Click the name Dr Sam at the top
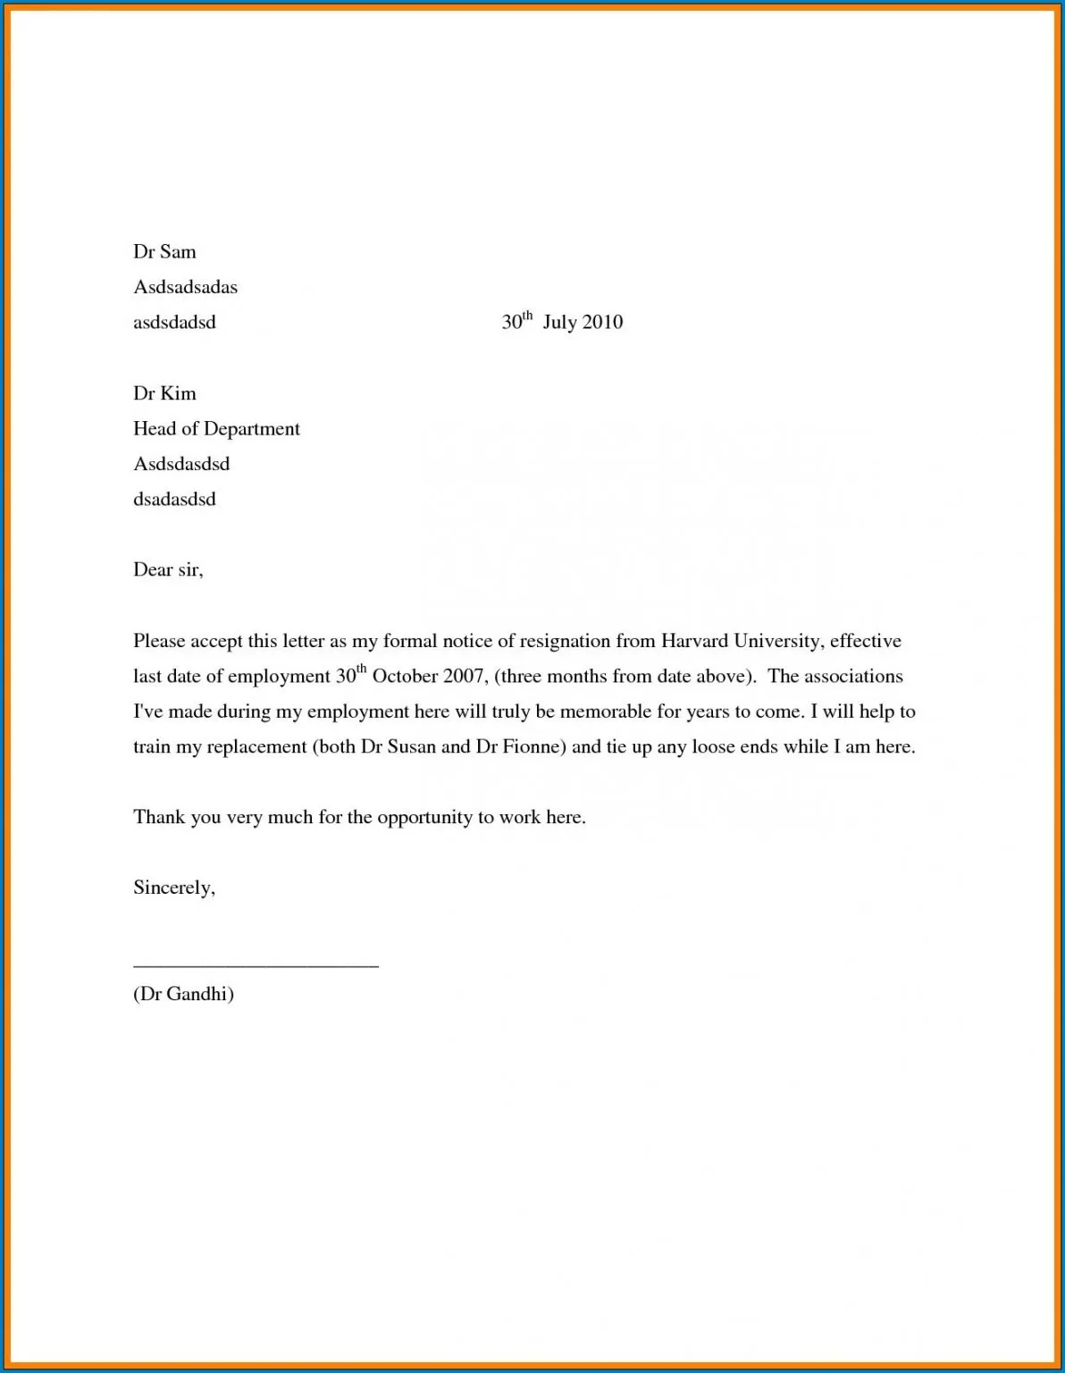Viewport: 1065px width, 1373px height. tap(164, 252)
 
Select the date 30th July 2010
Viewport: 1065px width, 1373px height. tap(562, 322)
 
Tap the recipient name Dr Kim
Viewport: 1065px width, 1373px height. tap(164, 393)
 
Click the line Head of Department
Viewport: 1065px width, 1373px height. tap(216, 429)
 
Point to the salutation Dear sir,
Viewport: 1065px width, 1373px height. tap(168, 569)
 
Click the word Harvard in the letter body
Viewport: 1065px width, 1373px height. tap(694, 641)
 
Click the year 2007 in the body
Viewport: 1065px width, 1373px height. tap(465, 677)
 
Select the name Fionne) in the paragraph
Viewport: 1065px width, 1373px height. tap(534, 746)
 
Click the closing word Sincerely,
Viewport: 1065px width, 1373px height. tap(174, 888)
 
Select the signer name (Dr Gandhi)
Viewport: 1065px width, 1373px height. tap(183, 994)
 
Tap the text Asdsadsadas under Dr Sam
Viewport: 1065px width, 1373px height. tap(185, 287)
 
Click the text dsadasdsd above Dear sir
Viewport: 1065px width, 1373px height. tap(174, 499)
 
